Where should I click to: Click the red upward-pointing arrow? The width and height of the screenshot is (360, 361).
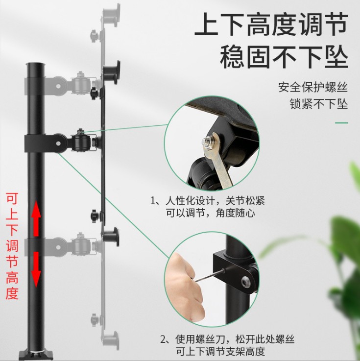coord(36,218)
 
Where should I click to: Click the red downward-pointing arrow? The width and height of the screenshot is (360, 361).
coord(36,269)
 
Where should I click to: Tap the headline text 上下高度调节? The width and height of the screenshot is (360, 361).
coord(271,24)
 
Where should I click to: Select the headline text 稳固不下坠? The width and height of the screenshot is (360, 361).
coord(284,57)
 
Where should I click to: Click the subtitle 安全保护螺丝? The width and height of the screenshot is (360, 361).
coord(313,87)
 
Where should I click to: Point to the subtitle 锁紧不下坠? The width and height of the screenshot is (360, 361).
coord(318,104)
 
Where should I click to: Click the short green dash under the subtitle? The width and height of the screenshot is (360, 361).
coord(341,123)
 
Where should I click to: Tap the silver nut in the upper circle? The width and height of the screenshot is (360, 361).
coord(207,141)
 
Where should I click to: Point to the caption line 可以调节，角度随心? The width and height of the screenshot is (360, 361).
coord(211,213)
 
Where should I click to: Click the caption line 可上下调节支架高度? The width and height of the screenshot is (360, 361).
coord(220,352)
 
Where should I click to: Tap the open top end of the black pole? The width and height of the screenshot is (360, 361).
coord(35,64)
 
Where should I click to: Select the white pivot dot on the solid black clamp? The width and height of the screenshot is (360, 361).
coord(58,144)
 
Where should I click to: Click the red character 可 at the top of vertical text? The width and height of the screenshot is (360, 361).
coord(12,199)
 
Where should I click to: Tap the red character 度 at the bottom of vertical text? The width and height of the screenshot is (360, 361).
coord(12,293)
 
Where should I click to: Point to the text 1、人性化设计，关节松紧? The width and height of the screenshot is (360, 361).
coord(207,201)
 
